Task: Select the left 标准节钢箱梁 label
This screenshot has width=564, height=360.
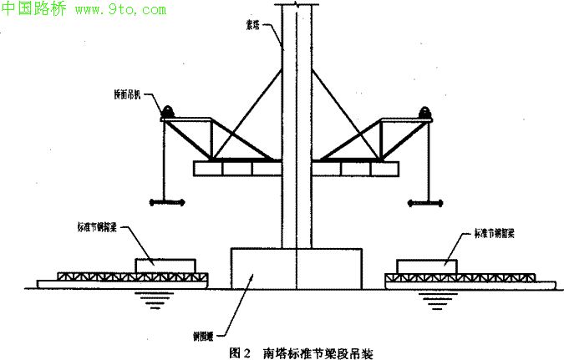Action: tap(98, 226)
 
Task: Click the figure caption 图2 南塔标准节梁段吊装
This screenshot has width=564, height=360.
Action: tap(302, 352)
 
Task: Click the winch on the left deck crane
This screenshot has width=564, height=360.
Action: tap(168, 112)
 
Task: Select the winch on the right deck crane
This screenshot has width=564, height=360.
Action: tap(424, 112)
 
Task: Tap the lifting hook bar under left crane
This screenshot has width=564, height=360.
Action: tap(165, 201)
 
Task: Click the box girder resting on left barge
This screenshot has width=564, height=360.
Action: tap(166, 265)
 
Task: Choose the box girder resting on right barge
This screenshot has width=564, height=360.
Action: tap(427, 265)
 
